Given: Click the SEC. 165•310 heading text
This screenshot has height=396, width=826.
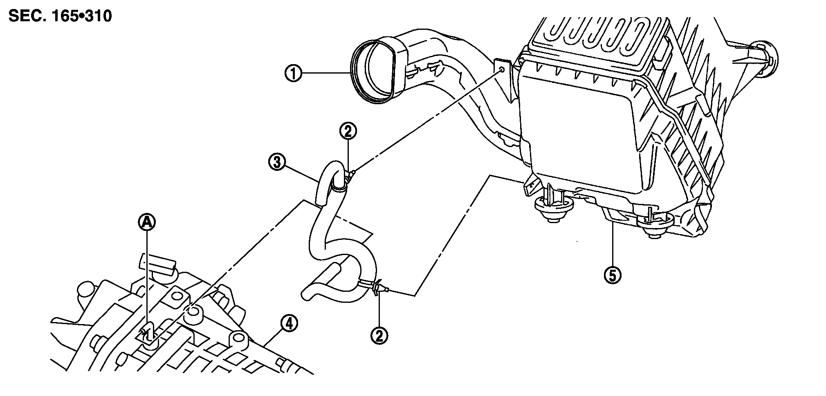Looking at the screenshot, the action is click(x=60, y=17).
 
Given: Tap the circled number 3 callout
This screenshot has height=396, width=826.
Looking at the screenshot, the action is click(x=277, y=162).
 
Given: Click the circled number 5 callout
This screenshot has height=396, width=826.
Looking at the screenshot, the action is click(x=612, y=276).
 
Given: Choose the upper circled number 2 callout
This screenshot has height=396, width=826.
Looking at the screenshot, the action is click(x=348, y=132).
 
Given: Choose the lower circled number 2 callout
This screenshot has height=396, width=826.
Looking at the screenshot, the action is click(x=379, y=336).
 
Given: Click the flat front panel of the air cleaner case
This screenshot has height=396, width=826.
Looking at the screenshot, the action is click(x=581, y=131).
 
